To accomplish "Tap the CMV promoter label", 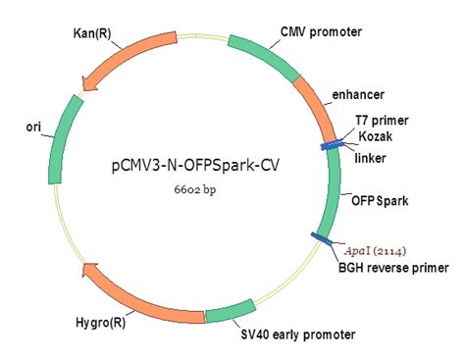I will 321,32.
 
